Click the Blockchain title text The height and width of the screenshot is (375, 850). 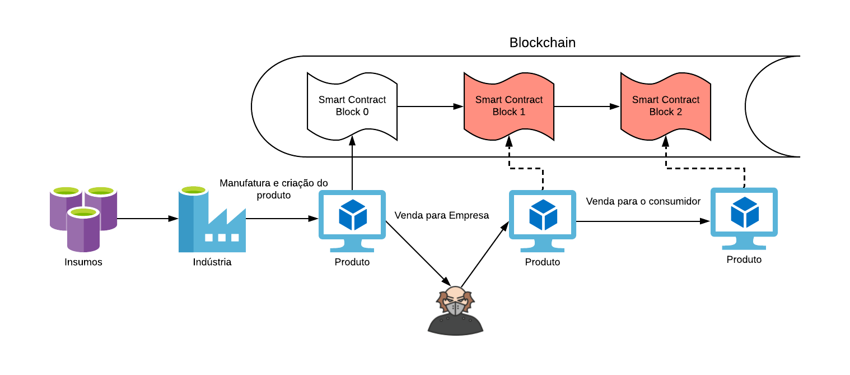(542, 43)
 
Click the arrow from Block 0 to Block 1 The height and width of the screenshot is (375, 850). (430, 105)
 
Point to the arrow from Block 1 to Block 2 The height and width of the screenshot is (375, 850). (587, 105)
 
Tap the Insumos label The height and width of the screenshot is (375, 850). (83, 262)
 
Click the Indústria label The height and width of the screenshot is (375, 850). (212, 262)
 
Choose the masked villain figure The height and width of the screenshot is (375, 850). (455, 311)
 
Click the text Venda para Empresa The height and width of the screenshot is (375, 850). (442, 215)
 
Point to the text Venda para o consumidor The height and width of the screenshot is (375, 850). (643, 201)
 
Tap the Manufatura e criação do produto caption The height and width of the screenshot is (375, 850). (274, 189)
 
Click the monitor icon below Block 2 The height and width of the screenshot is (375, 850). (744, 219)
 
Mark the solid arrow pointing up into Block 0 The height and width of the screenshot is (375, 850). (352, 165)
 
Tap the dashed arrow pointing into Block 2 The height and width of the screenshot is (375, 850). (706, 167)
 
